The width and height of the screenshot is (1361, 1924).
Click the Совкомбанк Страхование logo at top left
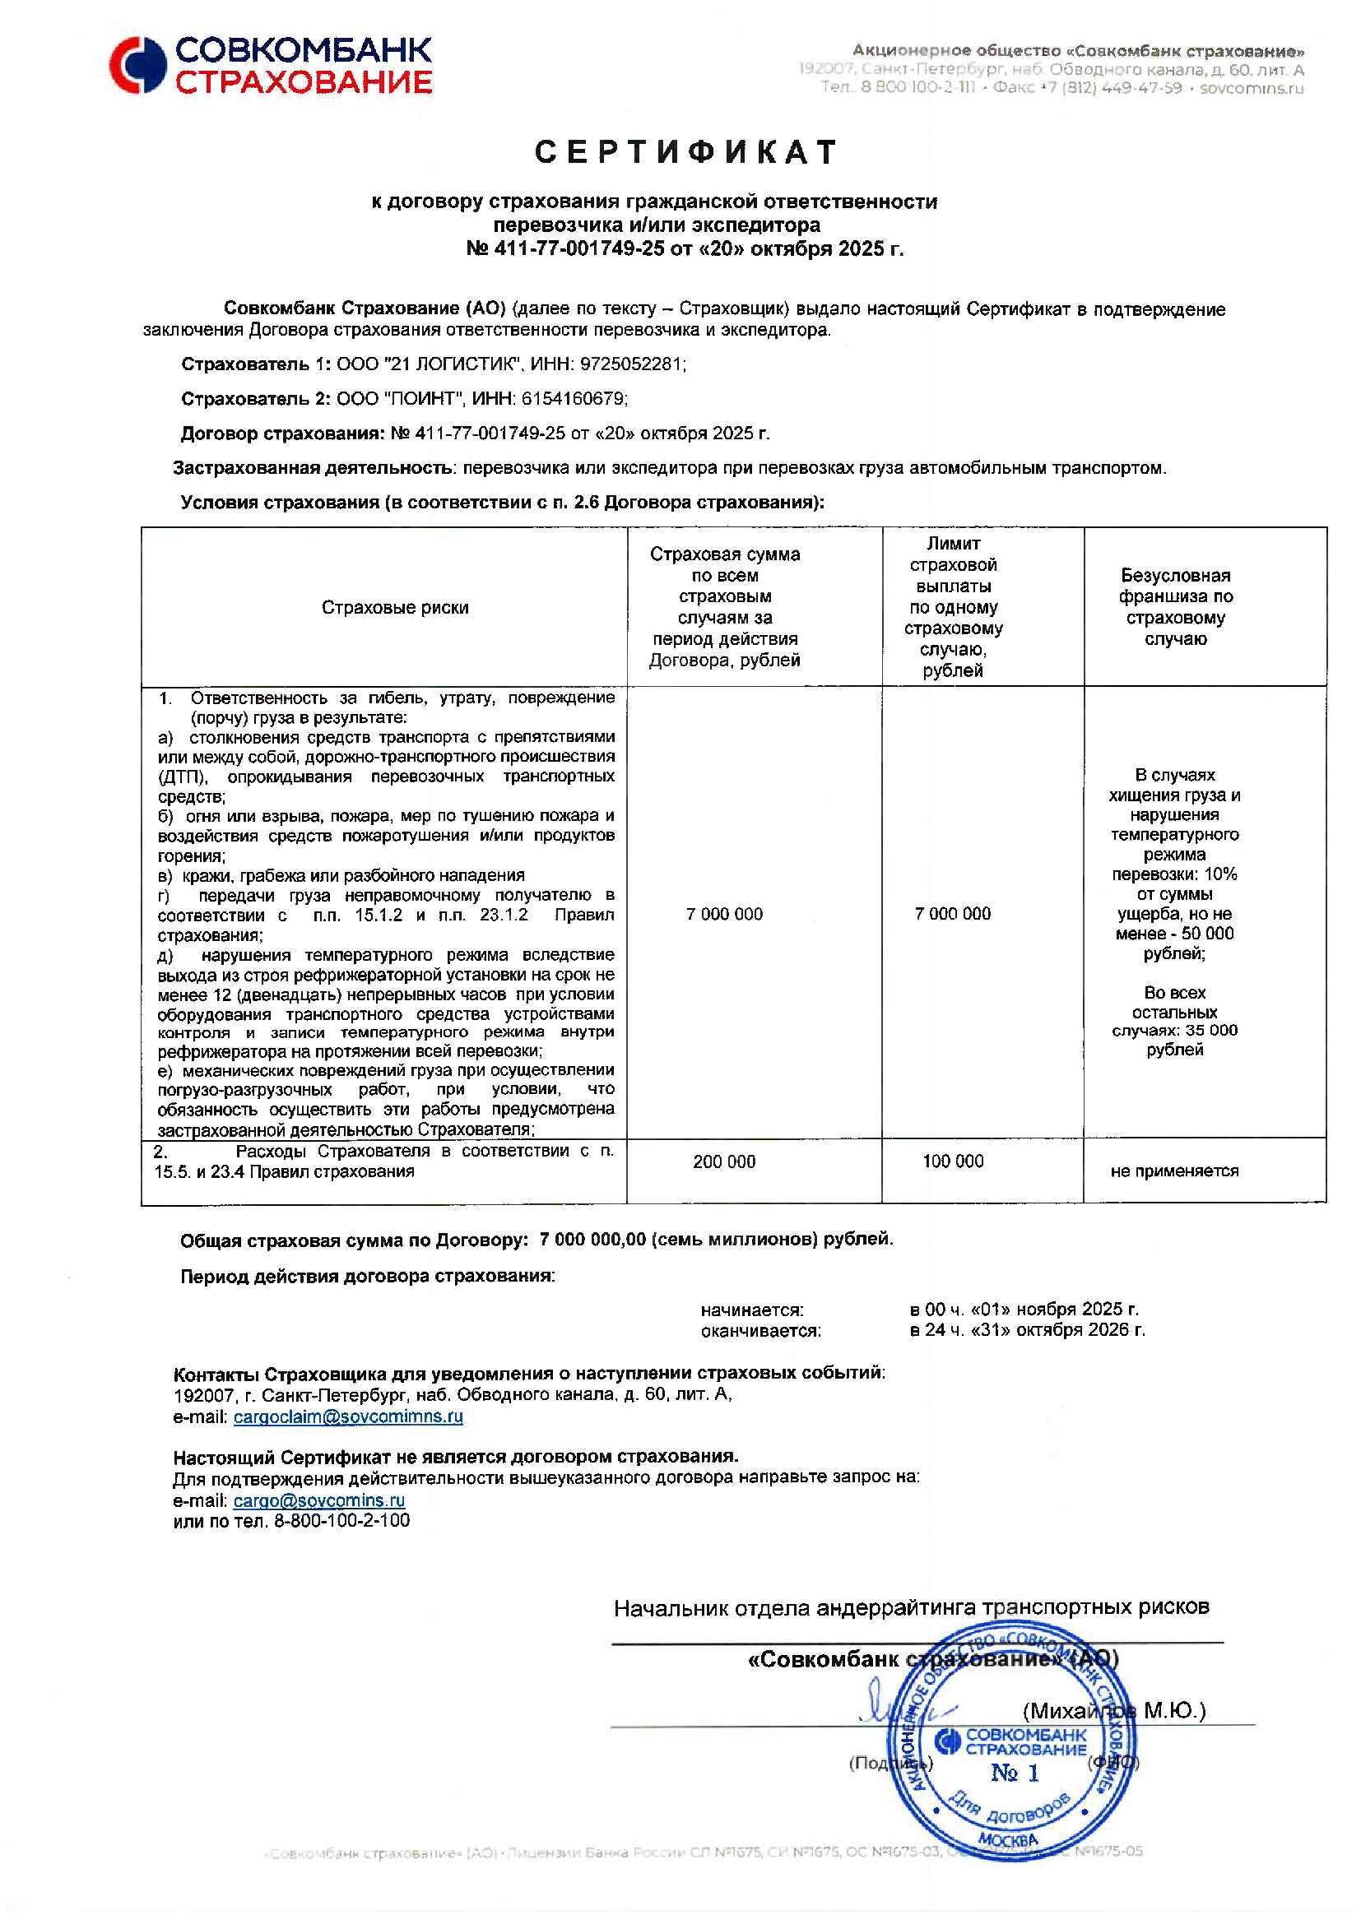tap(270, 64)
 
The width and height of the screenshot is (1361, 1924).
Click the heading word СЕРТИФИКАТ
tap(686, 152)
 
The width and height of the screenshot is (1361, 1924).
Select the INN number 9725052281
tap(632, 364)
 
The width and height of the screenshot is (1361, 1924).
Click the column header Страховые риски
tap(395, 608)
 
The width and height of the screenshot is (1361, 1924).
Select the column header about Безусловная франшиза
tap(1175, 607)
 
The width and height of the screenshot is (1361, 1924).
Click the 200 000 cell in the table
tap(724, 1161)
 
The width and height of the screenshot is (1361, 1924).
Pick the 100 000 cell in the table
tap(953, 1161)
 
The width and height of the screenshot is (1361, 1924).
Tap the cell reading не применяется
tap(1174, 1171)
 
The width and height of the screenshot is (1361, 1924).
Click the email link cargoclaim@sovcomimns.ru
tap(348, 1416)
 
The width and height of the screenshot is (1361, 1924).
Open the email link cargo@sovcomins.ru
tap(318, 1500)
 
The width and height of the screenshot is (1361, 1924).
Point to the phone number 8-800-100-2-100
tap(342, 1521)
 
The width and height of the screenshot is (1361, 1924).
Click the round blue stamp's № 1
tap(1015, 1773)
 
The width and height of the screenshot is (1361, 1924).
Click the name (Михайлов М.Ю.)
tap(1114, 1710)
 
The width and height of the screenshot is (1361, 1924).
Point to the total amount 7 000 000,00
tap(592, 1239)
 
